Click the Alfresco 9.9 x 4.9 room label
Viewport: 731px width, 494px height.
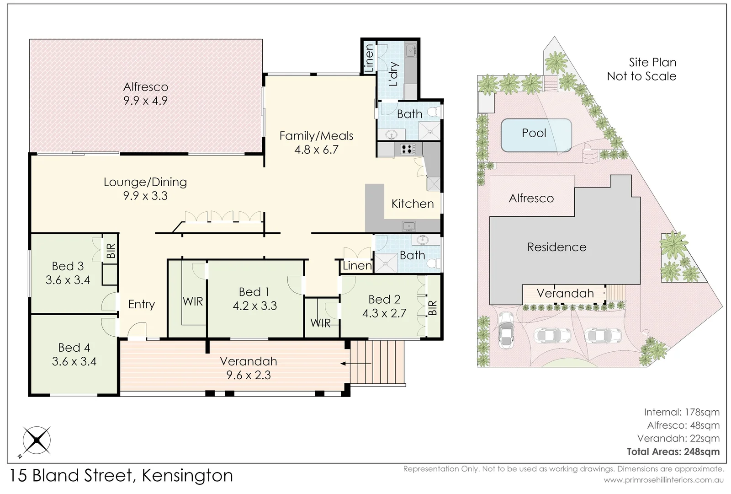145,94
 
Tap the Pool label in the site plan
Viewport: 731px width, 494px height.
534,133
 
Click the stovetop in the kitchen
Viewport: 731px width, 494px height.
408,149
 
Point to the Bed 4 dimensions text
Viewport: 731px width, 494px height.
74,362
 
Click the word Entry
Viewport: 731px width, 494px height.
141,304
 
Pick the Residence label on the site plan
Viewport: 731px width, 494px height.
556,247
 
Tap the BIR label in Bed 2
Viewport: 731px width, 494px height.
433,307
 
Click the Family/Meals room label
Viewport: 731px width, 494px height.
316,136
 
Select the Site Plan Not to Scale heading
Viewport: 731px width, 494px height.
641,69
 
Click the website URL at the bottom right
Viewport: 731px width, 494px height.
663,480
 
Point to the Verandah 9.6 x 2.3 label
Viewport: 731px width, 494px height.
248,368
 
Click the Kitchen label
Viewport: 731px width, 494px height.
412,204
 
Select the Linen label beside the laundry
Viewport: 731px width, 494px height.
368,59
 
